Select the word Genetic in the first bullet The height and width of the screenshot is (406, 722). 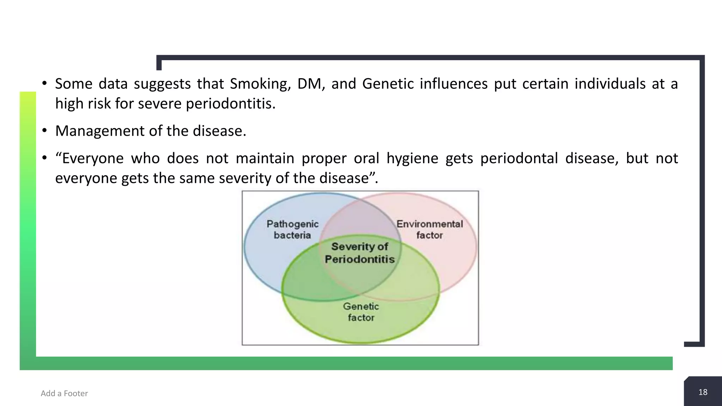pos(388,84)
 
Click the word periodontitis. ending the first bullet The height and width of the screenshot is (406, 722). pos(231,104)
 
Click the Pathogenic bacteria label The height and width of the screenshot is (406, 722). pos(292,229)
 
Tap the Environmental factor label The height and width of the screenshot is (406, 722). pos(429,229)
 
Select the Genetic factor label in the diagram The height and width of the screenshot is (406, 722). pos(361,312)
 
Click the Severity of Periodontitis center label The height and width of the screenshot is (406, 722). pos(360,253)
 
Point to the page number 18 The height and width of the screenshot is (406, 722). pos(703,392)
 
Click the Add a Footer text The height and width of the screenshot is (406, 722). pos(64,393)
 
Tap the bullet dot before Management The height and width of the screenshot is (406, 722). pos(44,131)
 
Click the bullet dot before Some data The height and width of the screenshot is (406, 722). pos(44,84)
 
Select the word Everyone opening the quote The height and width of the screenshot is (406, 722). pos(92,159)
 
